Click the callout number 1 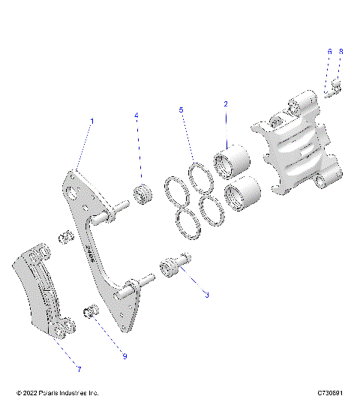tap(92, 121)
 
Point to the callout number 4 tap(136, 115)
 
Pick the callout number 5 tap(181, 110)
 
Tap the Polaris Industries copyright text tap(57, 393)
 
